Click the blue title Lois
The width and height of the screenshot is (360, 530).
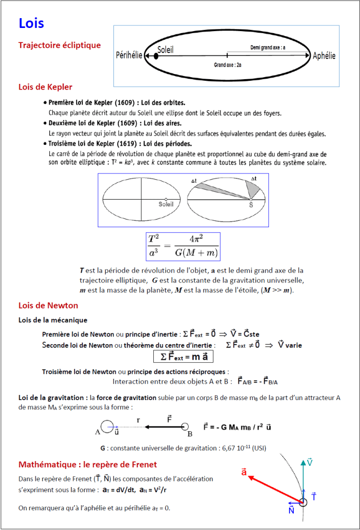click(x=31, y=23)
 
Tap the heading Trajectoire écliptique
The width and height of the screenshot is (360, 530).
click(x=60, y=45)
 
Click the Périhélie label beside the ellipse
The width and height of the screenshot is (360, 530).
click(x=129, y=55)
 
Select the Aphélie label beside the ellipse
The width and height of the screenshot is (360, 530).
click(x=324, y=55)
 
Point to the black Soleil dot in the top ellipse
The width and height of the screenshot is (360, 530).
click(x=156, y=55)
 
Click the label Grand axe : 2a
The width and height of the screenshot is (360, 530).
click(x=227, y=66)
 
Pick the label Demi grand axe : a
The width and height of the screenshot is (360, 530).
click(x=268, y=47)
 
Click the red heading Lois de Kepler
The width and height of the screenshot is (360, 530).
click(x=45, y=86)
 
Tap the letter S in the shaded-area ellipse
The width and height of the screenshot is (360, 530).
click(x=251, y=204)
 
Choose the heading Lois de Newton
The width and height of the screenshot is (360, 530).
click(x=48, y=305)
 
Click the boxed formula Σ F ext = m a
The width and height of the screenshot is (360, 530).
click(x=184, y=357)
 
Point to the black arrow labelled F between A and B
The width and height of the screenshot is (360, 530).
click(x=163, y=427)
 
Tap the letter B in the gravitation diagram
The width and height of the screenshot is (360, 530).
click(x=190, y=434)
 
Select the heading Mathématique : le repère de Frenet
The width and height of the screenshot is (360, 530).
click(x=88, y=464)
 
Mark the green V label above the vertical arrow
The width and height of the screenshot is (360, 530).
click(x=309, y=462)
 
